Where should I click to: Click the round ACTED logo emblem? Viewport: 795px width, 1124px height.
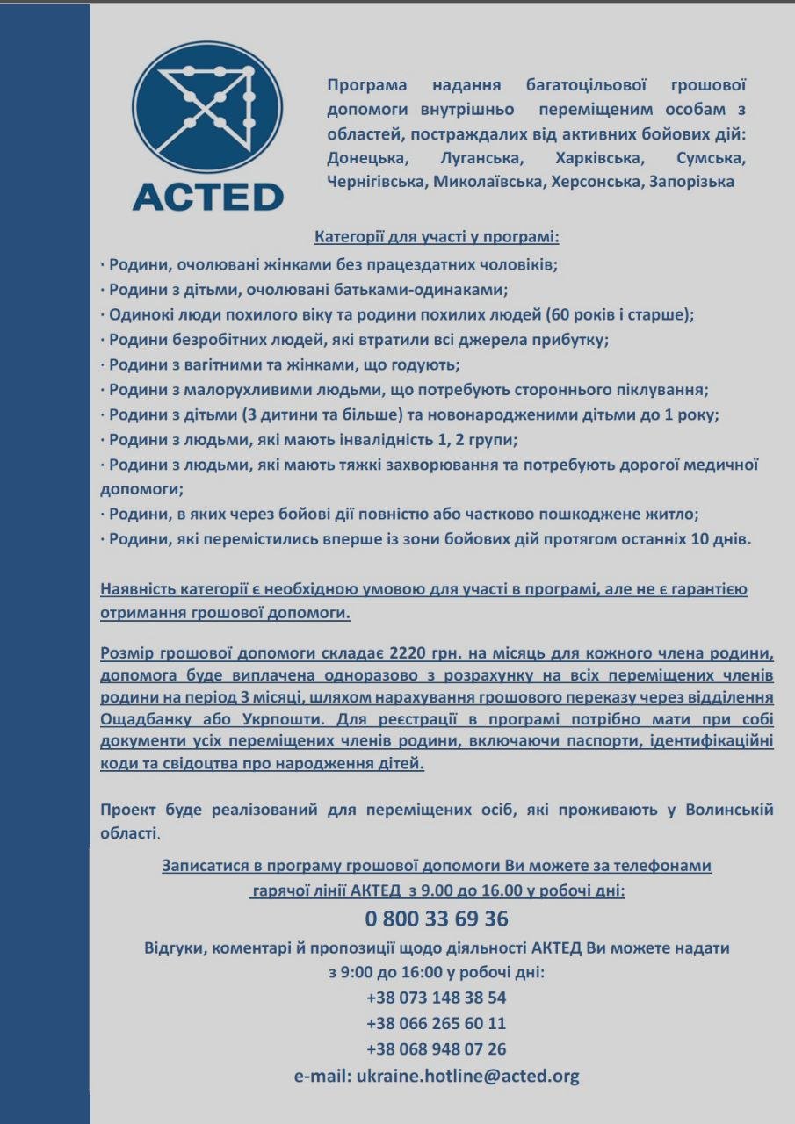pyautogui.click(x=207, y=106)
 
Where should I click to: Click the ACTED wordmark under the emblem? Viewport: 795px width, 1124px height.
pyautogui.click(x=207, y=196)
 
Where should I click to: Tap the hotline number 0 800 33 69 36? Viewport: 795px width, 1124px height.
pyautogui.click(x=437, y=919)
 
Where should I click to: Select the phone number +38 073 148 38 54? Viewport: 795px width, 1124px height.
pyautogui.click(x=437, y=998)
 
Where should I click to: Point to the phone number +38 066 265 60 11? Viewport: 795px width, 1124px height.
pyautogui.click(x=437, y=1023)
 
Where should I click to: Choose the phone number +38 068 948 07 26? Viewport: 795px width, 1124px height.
pyautogui.click(x=437, y=1048)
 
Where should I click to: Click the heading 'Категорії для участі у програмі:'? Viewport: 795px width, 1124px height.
pyautogui.click(x=437, y=237)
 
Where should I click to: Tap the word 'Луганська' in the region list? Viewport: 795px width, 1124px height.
pyautogui.click(x=481, y=160)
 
